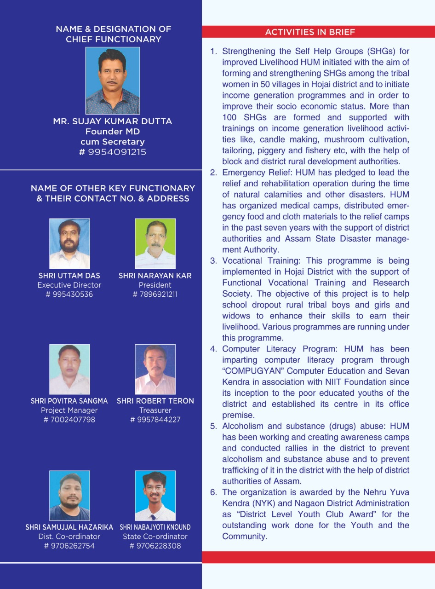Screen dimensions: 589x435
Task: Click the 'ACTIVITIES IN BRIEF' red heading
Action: pos(310,32)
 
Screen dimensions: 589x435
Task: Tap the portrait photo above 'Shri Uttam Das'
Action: pos(69,243)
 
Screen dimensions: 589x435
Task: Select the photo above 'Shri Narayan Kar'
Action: pos(155,243)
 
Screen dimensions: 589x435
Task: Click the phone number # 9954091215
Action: pos(113,152)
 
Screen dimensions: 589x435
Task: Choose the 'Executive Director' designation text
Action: pos(69,285)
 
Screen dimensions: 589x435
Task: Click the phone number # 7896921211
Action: pos(155,294)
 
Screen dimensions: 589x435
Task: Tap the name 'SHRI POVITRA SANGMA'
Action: pos(69,401)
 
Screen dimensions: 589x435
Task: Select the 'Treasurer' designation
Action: pos(155,410)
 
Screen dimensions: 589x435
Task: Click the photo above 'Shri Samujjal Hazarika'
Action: pos(69,495)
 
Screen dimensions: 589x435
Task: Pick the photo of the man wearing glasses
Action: pos(155,495)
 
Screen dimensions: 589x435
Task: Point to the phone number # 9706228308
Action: pos(155,546)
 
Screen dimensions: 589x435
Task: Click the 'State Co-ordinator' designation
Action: pos(155,537)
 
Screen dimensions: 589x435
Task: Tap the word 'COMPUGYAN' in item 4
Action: pos(249,371)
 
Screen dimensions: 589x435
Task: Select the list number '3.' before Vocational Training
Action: pos(213,261)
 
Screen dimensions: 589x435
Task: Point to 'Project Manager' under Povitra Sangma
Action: pos(69,410)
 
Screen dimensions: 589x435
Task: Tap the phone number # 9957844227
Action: pos(155,419)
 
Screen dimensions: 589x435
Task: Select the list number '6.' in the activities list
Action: pos(213,492)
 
